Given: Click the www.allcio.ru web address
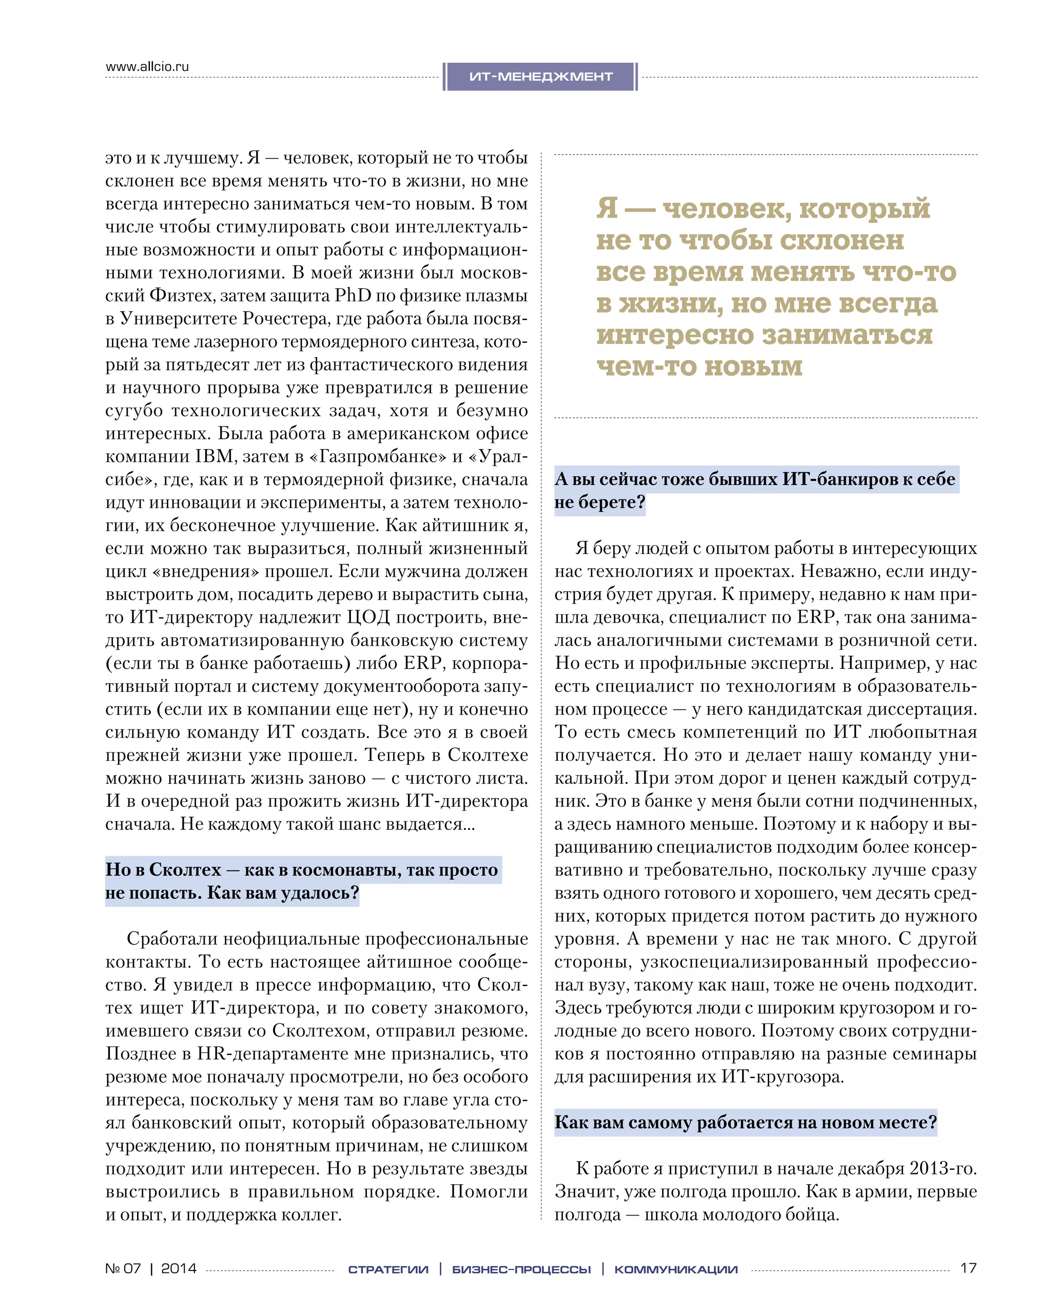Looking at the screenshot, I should [147, 66].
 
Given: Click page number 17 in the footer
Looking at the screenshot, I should [968, 1268].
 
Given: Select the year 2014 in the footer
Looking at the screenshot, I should [179, 1268].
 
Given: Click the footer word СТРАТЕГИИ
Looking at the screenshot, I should [388, 1269].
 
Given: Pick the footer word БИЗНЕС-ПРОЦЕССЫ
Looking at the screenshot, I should [521, 1269].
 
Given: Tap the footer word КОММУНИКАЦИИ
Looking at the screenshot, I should [676, 1269].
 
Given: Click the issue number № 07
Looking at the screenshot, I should [123, 1268].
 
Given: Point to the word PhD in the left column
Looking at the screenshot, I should [353, 296].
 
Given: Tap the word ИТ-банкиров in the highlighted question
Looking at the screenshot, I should [839, 479].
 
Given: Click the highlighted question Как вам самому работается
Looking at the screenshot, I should [745, 1123].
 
